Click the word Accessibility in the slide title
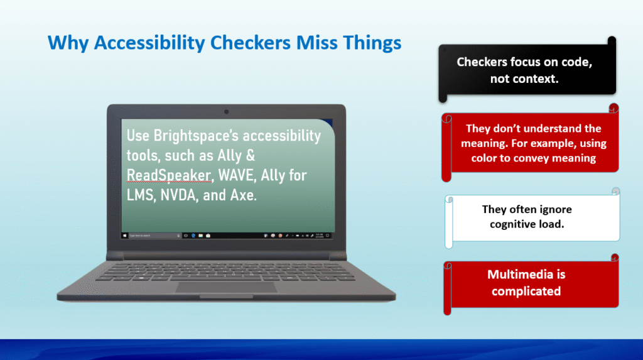(149, 43)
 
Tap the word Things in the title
(372, 43)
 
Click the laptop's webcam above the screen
(226, 112)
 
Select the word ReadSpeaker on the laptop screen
(168, 175)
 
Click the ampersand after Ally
(250, 156)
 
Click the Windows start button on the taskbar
(125, 236)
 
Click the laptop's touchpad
(226, 287)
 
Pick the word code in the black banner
(576, 62)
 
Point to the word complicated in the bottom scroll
(526, 292)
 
